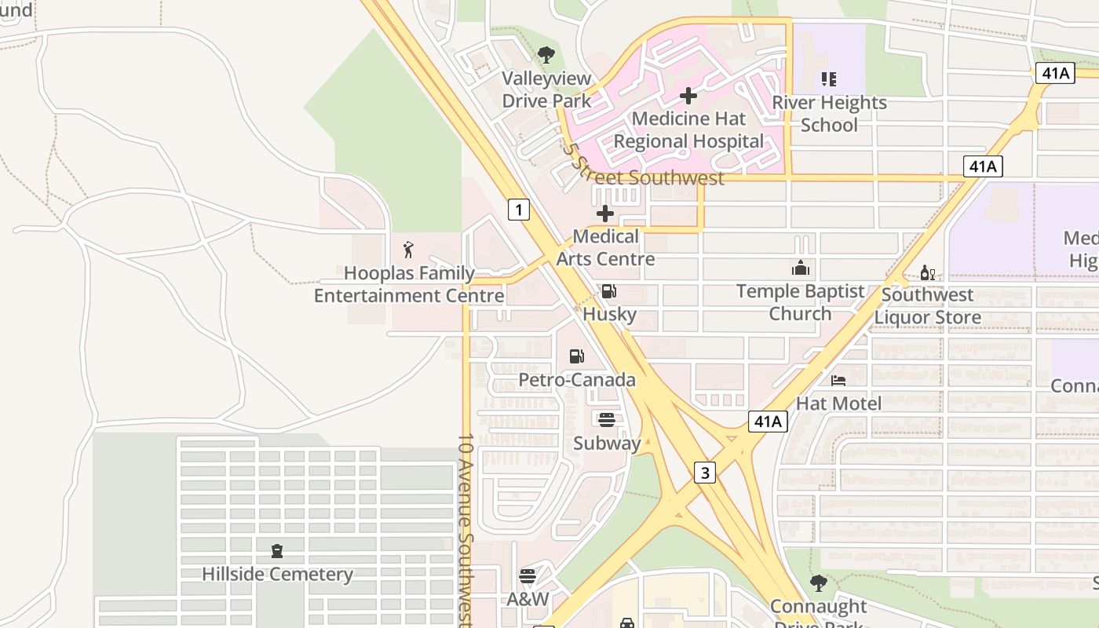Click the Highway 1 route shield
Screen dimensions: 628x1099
tap(518, 210)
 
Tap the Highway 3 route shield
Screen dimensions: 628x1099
tap(705, 473)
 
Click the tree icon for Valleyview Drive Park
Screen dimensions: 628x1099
tap(546, 56)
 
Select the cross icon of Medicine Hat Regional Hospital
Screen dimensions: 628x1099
tap(688, 96)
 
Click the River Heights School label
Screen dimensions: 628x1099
tap(829, 114)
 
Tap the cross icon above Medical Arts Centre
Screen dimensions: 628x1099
tap(605, 214)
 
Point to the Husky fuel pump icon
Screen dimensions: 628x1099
tap(608, 292)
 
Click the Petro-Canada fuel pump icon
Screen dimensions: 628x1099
tap(576, 356)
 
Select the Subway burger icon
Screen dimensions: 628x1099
tap(606, 419)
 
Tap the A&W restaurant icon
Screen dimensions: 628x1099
tap(527, 576)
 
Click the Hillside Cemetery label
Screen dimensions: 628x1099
tap(277, 574)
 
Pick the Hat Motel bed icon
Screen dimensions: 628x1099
tap(838, 381)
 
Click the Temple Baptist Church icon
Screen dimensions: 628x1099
tap(800, 268)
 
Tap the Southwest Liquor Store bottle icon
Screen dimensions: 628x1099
tap(927, 273)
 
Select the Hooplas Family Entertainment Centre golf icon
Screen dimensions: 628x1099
tap(408, 250)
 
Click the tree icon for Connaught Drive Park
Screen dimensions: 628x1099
tap(818, 583)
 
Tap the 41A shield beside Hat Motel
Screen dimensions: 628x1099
tap(767, 422)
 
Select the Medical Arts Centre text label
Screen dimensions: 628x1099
tap(605, 247)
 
